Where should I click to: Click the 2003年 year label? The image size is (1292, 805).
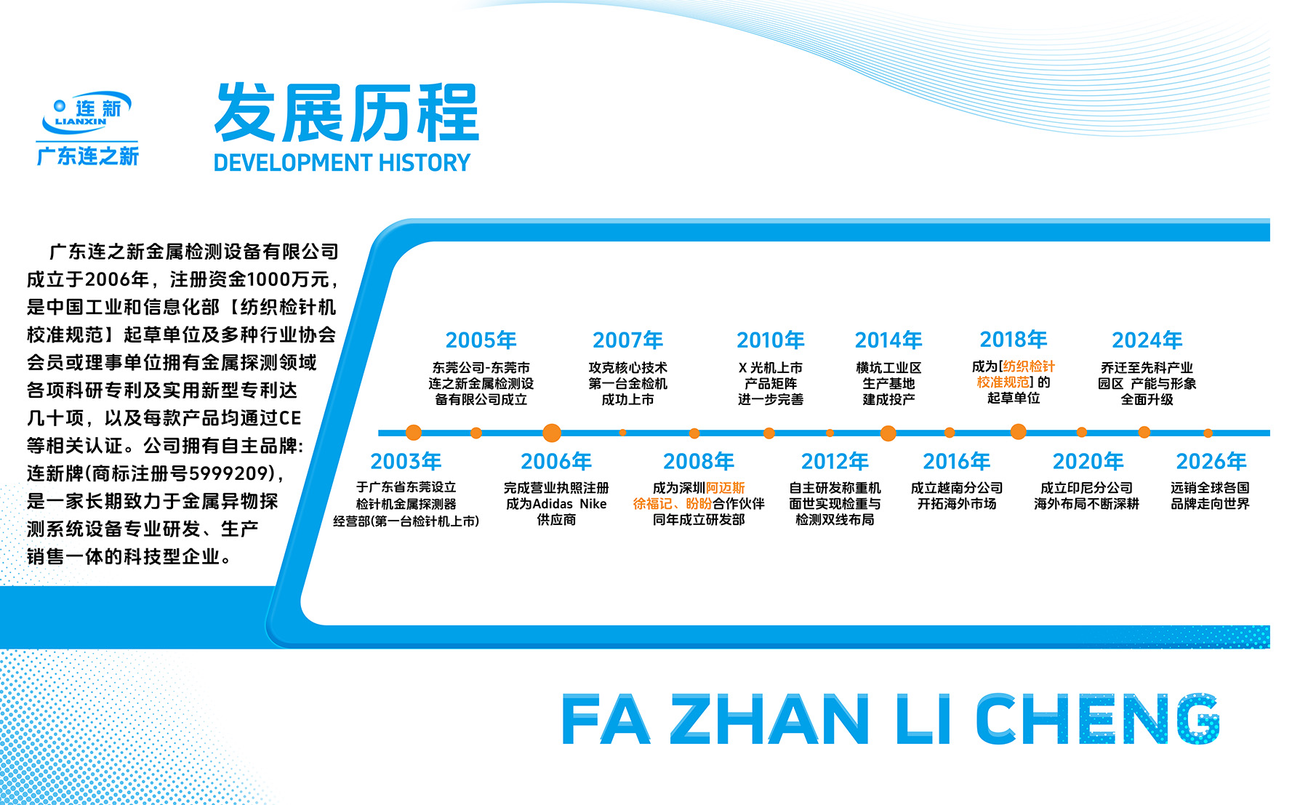[406, 461]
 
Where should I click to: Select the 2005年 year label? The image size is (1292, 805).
[481, 340]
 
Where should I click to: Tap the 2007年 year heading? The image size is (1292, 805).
[627, 340]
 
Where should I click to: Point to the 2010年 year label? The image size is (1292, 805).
[770, 340]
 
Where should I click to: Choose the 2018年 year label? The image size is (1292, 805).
[1014, 339]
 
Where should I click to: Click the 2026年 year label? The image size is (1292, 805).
[1211, 461]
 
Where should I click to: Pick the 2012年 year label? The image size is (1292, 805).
[835, 461]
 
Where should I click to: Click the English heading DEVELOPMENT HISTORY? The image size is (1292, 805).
[342, 162]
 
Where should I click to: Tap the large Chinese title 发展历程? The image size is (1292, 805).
[347, 113]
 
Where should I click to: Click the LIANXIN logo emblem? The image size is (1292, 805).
[87, 113]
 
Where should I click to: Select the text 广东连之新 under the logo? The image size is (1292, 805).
[87, 156]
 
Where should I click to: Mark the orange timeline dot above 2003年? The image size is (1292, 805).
[414, 433]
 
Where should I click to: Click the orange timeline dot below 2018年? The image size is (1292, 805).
[1019, 432]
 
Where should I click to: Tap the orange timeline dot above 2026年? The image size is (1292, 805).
[1208, 433]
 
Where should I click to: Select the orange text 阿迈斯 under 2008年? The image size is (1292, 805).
[726, 488]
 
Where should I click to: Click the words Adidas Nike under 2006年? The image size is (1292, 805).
[570, 504]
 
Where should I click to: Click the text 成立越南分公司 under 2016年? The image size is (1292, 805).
[956, 488]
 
